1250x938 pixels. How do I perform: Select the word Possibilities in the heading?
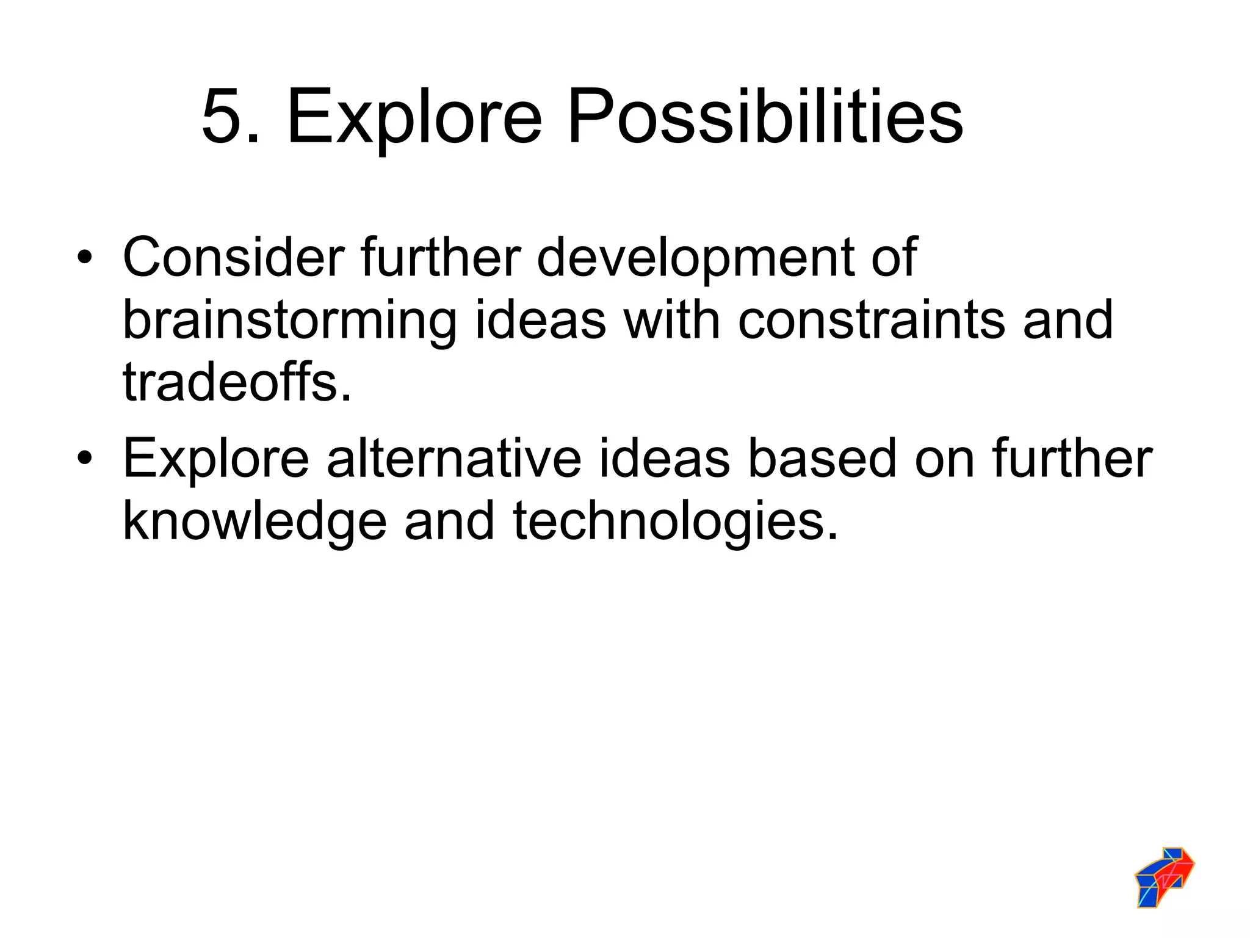[765, 116]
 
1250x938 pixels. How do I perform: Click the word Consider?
[233, 257]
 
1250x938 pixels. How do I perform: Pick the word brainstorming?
[289, 321]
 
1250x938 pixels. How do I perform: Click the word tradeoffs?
[237, 382]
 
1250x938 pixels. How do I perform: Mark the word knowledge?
[255, 522]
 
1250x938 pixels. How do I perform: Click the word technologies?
[675, 522]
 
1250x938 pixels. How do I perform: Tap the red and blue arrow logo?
[1164, 876]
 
